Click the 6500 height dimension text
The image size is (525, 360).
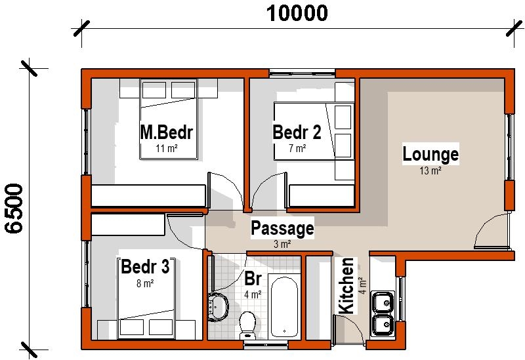[x=15, y=209]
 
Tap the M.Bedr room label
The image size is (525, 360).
[x=167, y=132]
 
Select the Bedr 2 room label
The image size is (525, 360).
[x=297, y=133]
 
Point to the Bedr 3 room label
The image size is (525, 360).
[x=145, y=268]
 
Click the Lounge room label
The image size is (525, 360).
[x=430, y=155]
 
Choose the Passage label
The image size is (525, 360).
[x=282, y=229]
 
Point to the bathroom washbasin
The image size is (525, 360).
[x=217, y=305]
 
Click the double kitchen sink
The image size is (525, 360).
[x=382, y=313]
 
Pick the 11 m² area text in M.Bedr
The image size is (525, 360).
[x=167, y=149]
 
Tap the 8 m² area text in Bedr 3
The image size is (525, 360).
[x=145, y=284]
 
